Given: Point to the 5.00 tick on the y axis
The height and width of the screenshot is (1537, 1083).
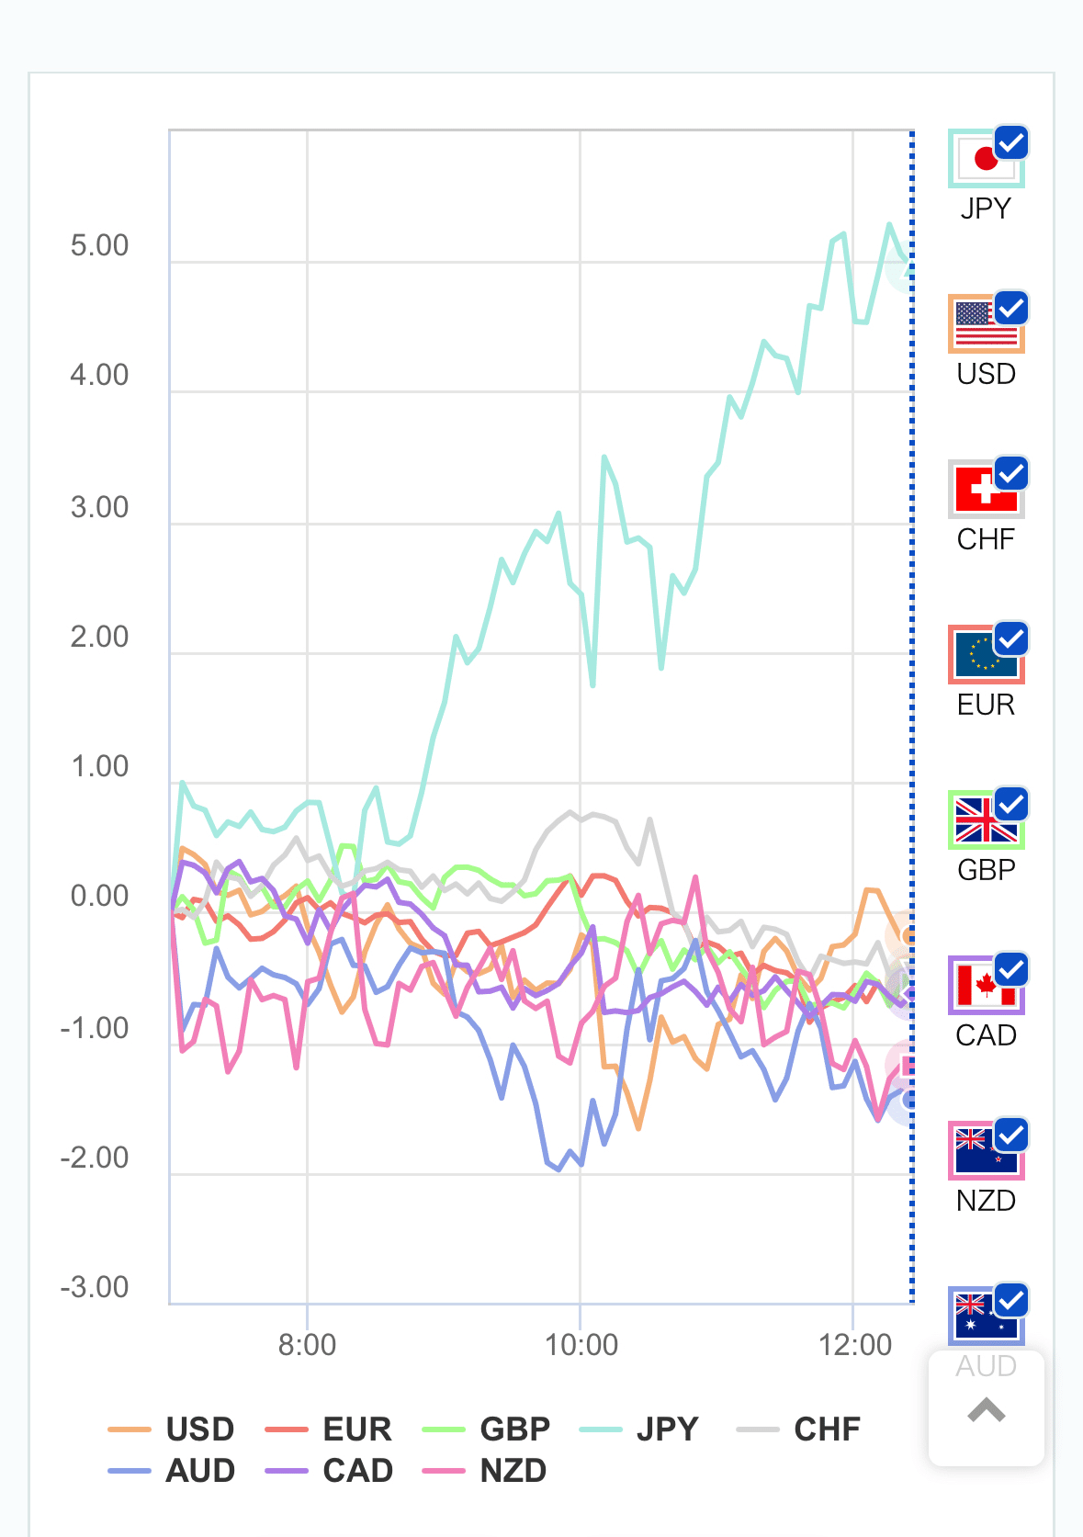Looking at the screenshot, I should tap(99, 246).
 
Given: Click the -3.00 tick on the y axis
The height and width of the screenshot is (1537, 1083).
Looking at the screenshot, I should tap(95, 1287).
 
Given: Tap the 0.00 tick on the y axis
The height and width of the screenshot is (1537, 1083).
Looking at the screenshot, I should tap(99, 896).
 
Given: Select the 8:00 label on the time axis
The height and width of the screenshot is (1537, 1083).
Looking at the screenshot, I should tap(307, 1345).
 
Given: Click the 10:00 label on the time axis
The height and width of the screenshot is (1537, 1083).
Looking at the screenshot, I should tap(581, 1345).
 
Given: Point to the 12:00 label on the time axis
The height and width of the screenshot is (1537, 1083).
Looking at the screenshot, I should tap(854, 1345).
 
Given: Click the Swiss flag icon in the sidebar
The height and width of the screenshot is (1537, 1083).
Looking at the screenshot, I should tap(984, 490).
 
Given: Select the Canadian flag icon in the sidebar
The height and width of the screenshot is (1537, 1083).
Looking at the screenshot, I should tap(984, 986).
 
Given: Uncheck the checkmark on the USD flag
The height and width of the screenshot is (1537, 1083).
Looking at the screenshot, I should tap(1011, 308).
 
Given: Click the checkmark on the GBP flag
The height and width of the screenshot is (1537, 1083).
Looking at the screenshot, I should tap(1011, 804).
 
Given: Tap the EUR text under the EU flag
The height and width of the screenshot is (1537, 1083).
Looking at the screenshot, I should tap(986, 705).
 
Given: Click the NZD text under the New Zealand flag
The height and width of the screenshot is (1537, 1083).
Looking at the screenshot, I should tap(986, 1201).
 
